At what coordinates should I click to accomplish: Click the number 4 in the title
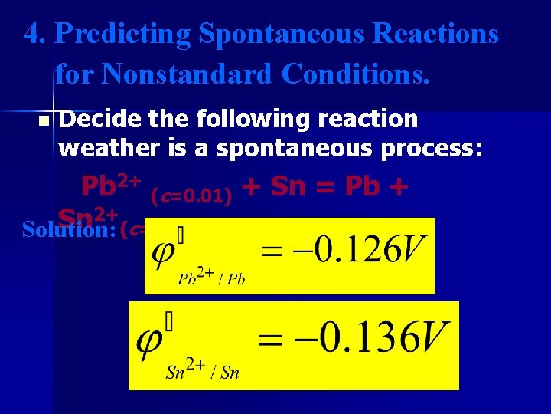click(32, 34)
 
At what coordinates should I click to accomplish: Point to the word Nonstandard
click(187, 74)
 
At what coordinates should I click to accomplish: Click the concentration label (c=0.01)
click(191, 196)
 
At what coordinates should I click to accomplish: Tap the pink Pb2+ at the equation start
click(110, 186)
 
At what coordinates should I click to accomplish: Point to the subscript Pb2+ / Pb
click(210, 278)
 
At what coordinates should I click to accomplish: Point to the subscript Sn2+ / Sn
click(203, 372)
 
